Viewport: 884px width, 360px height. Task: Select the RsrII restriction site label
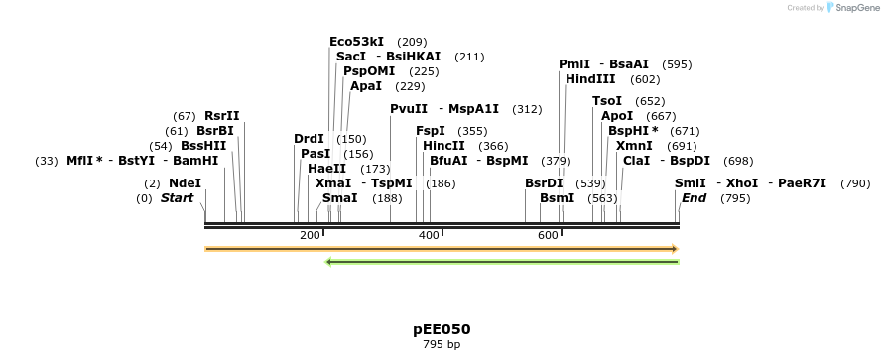tap(222, 116)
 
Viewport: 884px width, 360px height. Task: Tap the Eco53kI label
tap(356, 42)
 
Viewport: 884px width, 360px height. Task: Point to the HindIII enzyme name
tap(590, 79)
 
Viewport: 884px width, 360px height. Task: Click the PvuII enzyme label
tap(409, 109)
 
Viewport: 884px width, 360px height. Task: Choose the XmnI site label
tap(634, 146)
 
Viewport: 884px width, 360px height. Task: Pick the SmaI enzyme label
tap(339, 198)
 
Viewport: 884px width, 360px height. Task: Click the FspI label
tap(431, 131)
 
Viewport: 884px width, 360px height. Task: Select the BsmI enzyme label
tap(557, 198)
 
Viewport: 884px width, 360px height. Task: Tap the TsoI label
tap(607, 101)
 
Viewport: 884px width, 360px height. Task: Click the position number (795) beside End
tap(735, 198)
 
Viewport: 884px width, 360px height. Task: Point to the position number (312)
tap(527, 109)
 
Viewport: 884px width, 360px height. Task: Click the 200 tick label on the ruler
tap(310, 235)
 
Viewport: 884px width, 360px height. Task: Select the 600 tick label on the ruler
tap(548, 235)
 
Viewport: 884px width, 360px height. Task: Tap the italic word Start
tap(177, 198)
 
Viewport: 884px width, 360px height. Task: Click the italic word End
tap(694, 198)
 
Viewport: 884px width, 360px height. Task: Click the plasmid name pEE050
tap(442, 329)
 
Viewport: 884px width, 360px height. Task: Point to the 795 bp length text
tap(442, 345)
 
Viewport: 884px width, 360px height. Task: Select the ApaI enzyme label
tap(366, 86)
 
